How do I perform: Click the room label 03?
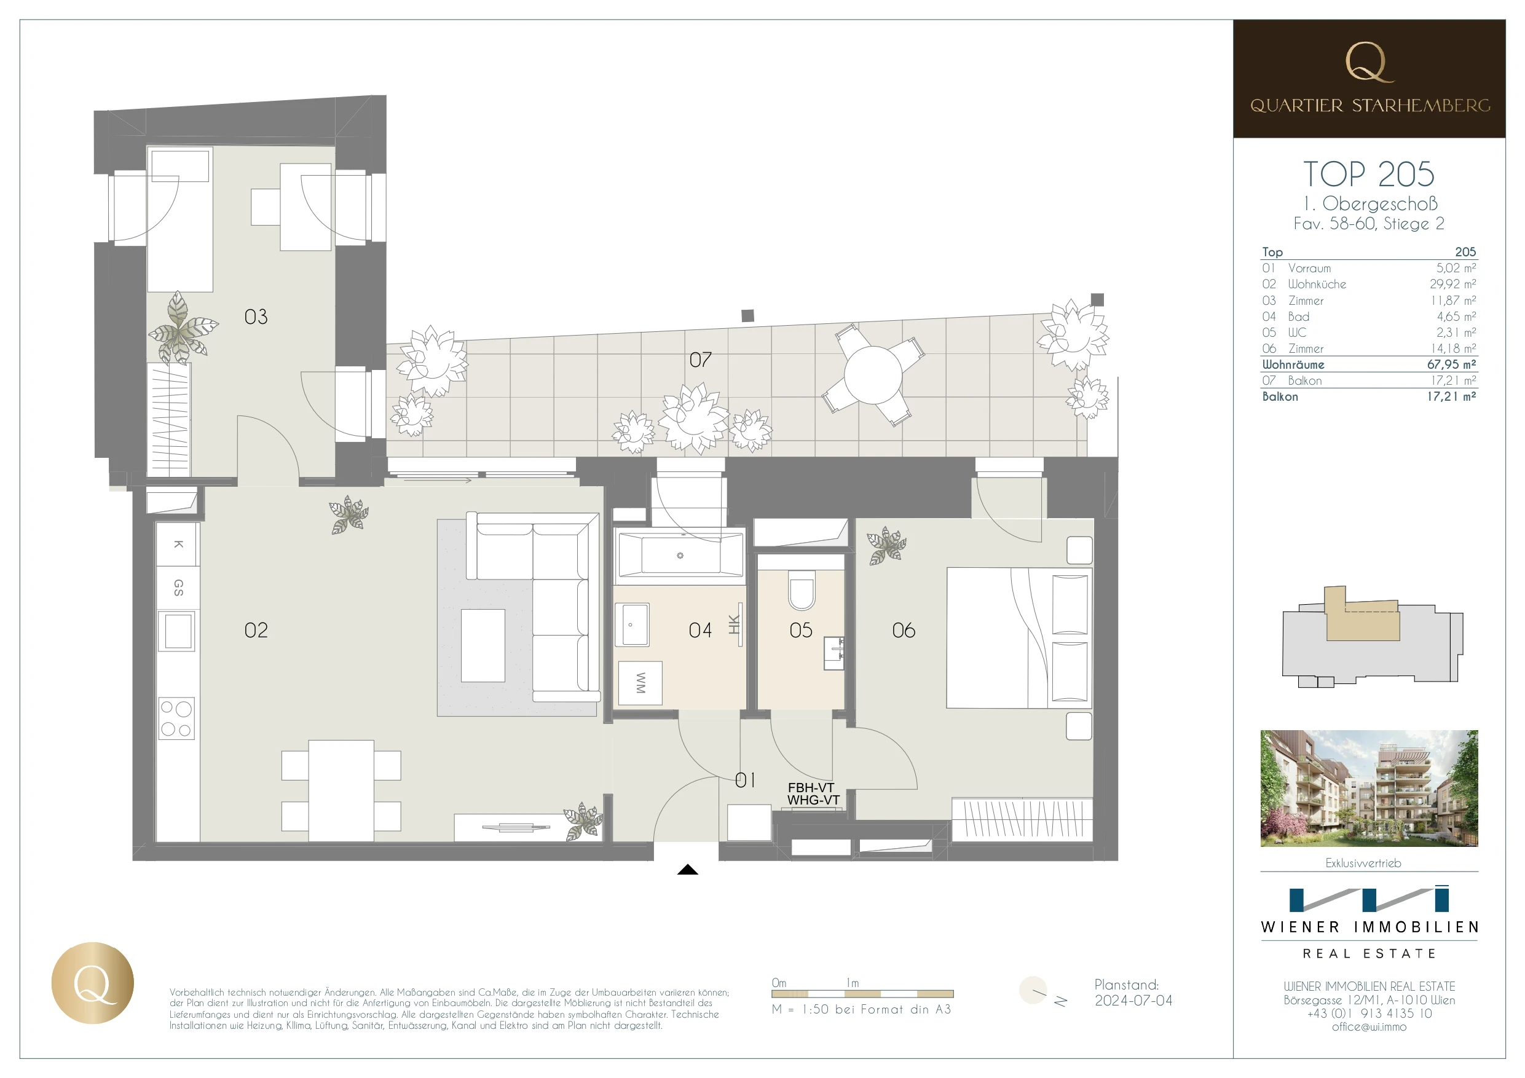[x=256, y=317]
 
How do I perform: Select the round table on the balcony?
[x=873, y=375]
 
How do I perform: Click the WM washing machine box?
[x=640, y=683]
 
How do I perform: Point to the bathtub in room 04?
[x=680, y=555]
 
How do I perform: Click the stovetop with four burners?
[x=176, y=718]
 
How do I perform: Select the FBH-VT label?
[x=810, y=787]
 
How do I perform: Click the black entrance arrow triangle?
[x=687, y=870]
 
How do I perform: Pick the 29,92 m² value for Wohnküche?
[x=1452, y=285]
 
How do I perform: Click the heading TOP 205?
[x=1368, y=175]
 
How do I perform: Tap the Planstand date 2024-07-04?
[x=1133, y=1001]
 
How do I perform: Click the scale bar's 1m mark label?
[x=852, y=983]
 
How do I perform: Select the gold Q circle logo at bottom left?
[x=92, y=982]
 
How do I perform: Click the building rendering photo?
[x=1368, y=788]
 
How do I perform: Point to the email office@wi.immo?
[x=1368, y=1027]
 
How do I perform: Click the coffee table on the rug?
[x=483, y=645]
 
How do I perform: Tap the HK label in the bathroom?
[x=734, y=624]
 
